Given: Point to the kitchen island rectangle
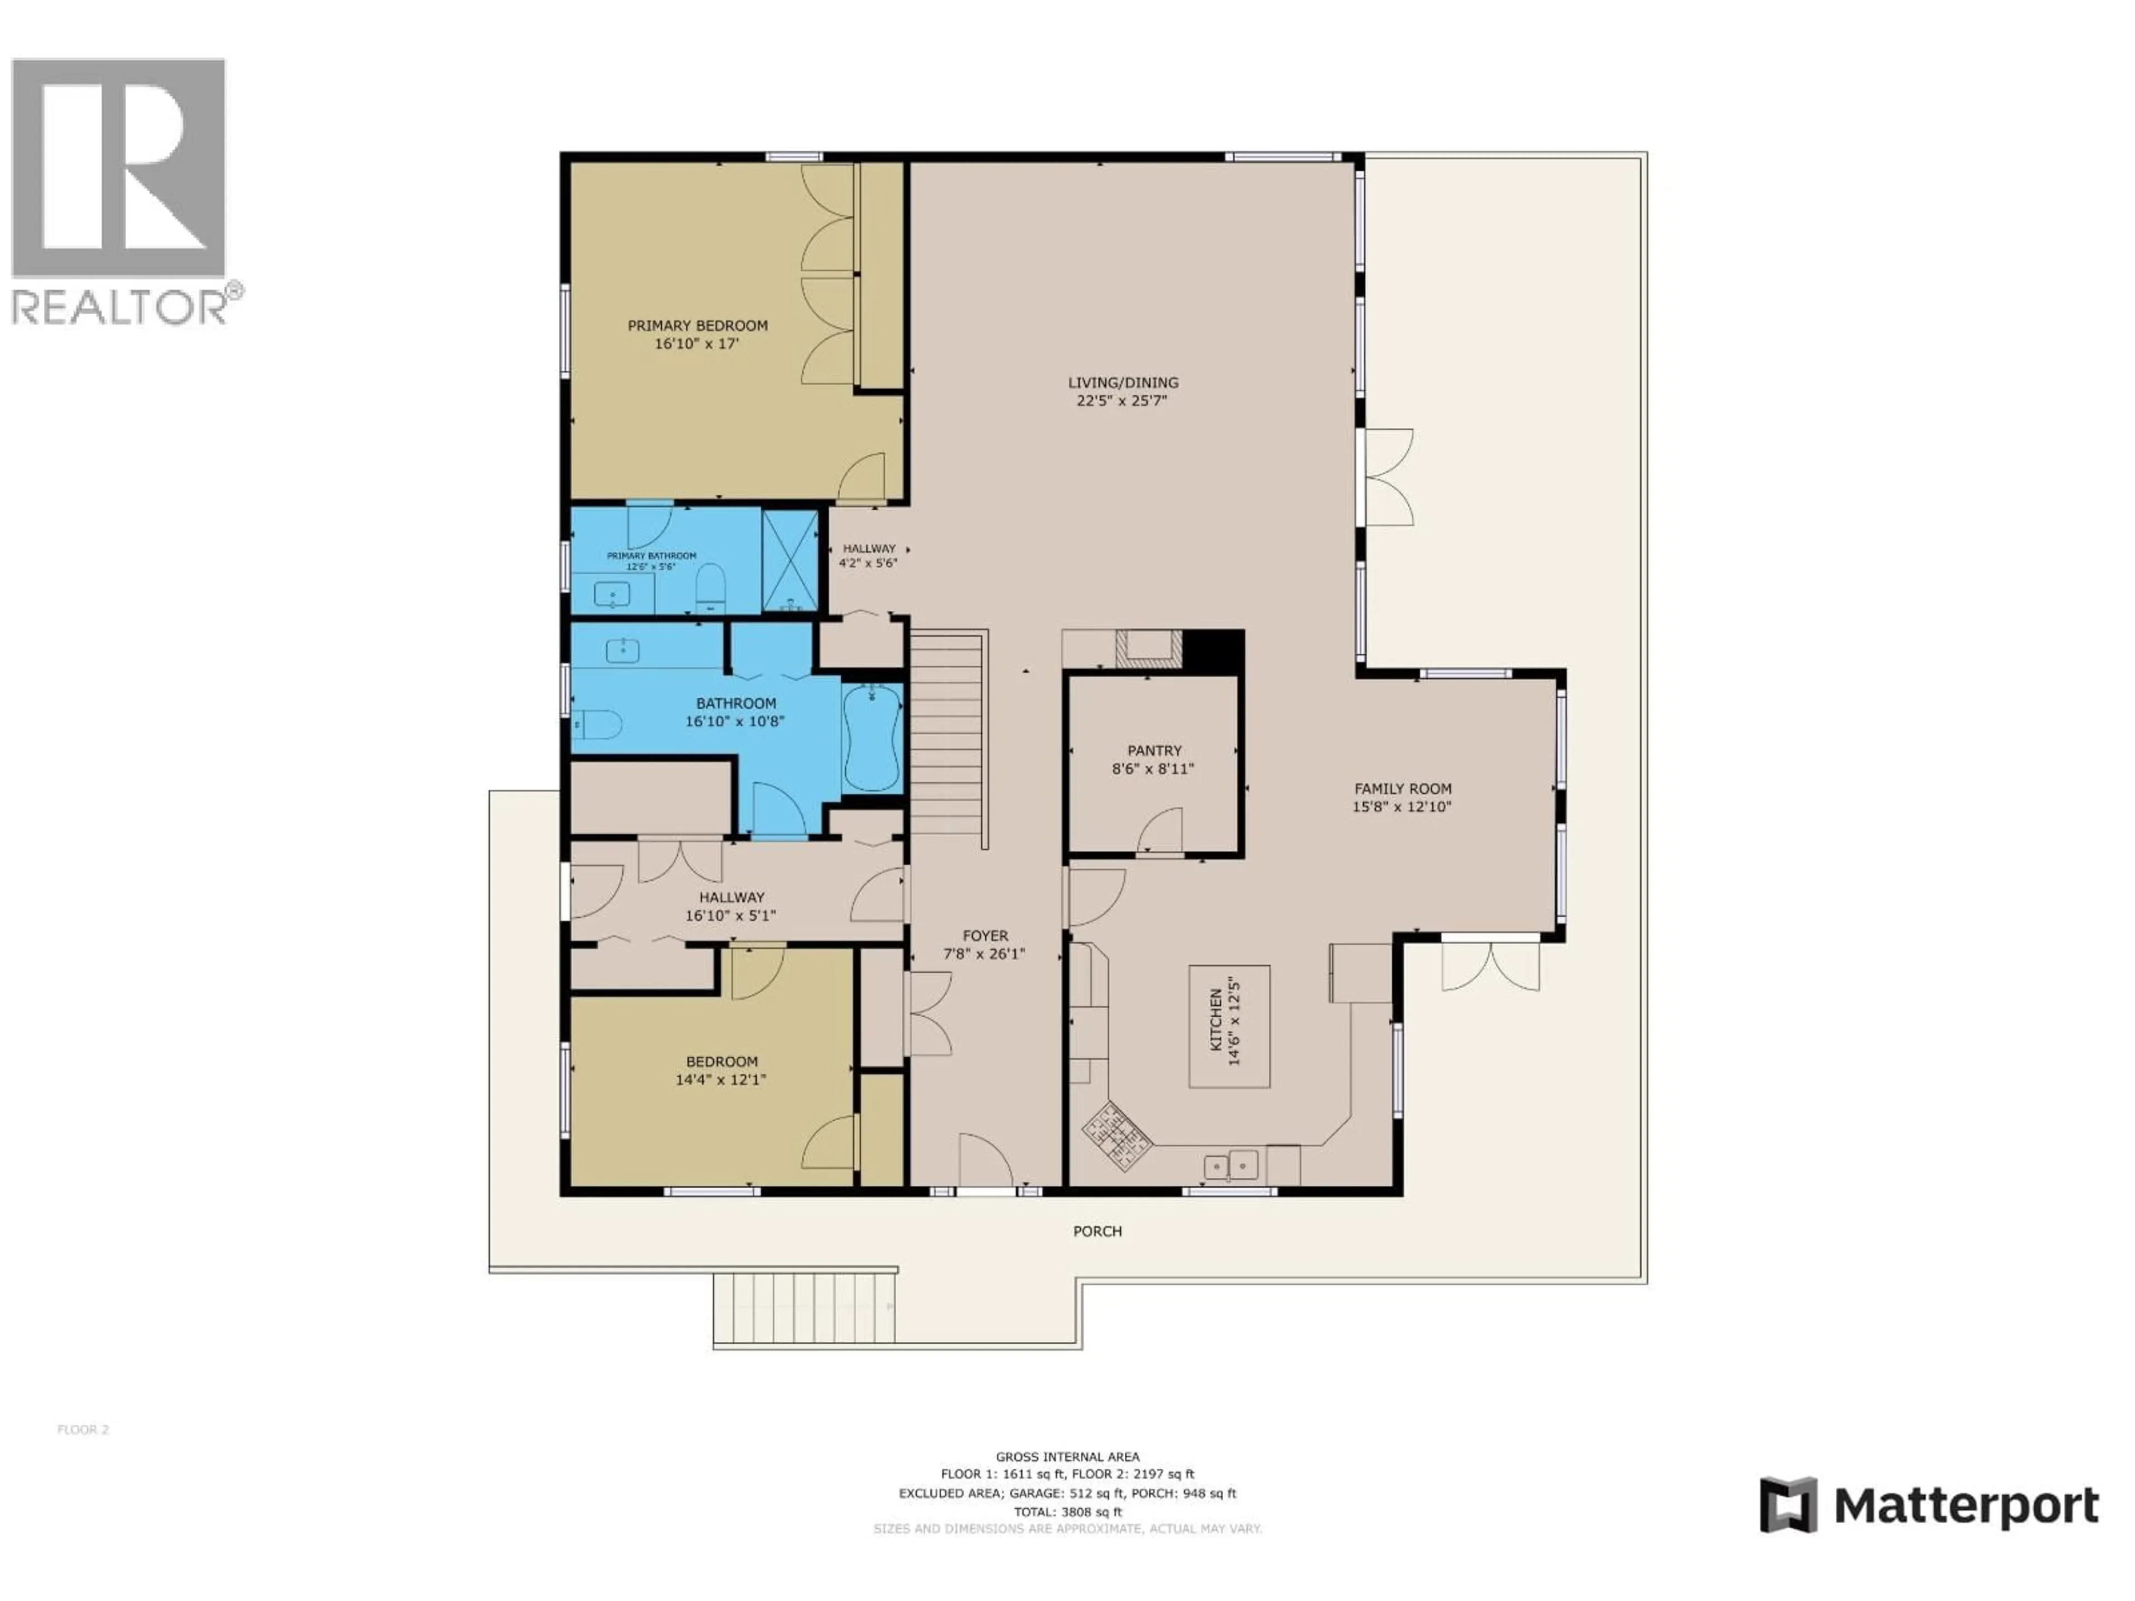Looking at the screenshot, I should click(x=1229, y=1026).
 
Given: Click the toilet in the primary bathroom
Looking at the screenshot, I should click(x=711, y=589).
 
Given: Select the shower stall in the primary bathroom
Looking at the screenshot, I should click(x=790, y=561).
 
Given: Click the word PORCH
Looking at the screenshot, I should click(x=1098, y=1231).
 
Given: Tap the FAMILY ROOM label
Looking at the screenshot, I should click(x=1402, y=788).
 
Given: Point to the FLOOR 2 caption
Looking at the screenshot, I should click(x=83, y=1429).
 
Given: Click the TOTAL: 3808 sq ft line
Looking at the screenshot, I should click(x=1067, y=1512).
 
